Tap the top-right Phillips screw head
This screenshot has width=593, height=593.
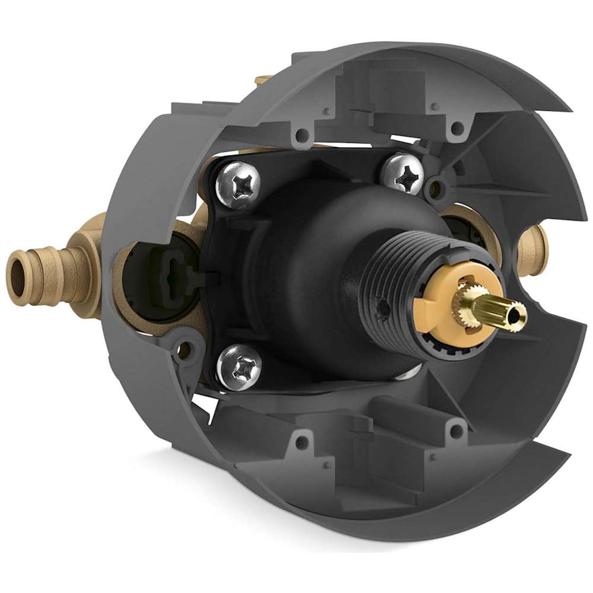[x=403, y=173]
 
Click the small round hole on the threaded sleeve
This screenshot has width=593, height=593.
[x=386, y=307]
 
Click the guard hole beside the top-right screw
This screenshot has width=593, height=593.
[x=436, y=190]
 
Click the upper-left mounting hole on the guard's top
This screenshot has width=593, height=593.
[x=302, y=135]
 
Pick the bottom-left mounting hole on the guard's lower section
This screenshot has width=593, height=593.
[x=304, y=440]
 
